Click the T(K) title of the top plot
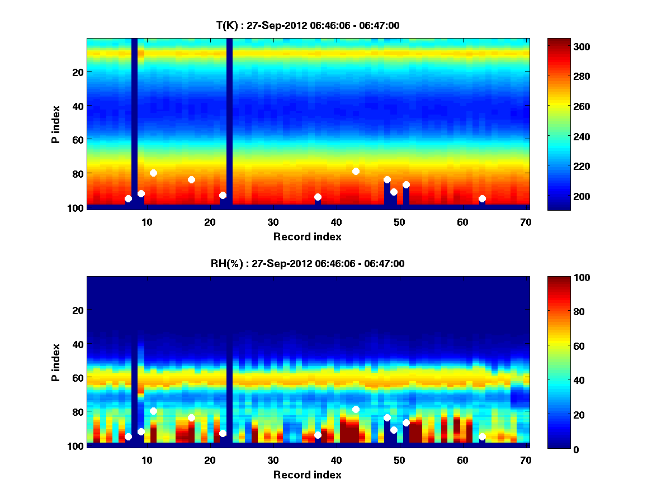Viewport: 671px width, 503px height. click(308, 25)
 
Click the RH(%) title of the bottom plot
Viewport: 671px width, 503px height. click(308, 263)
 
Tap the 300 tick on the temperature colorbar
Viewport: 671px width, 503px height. click(565, 46)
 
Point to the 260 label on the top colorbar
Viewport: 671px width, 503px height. click(565, 106)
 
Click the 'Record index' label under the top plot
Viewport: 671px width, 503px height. click(307, 236)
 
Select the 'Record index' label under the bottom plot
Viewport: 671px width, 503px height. click(307, 474)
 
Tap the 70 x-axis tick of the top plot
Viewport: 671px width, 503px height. click(526, 222)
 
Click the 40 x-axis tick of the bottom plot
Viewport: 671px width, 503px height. click(336, 460)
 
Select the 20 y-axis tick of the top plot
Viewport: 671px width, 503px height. click(77, 72)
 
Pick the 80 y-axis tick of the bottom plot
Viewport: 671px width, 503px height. click(77, 412)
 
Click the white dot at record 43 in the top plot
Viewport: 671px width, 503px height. click(356, 171)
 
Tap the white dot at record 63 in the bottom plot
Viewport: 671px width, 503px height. click(482, 436)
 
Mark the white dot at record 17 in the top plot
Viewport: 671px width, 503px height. click(191, 179)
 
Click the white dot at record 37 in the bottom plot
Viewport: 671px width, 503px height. click(318, 435)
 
